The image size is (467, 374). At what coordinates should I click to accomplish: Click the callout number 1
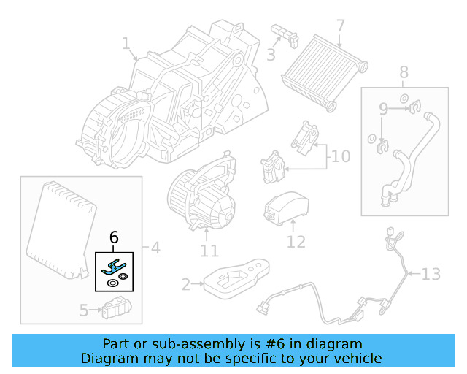click(x=126, y=45)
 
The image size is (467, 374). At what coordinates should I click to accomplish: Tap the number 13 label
click(x=431, y=274)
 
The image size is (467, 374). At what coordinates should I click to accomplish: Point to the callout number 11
click(x=209, y=251)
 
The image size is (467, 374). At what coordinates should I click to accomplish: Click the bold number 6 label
click(x=114, y=237)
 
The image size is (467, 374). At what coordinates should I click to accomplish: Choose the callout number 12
click(x=296, y=240)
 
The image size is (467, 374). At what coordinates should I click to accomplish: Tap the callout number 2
click(x=186, y=284)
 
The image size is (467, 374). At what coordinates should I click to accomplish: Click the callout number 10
click(x=340, y=156)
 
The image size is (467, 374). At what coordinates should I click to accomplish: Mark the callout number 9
click(x=383, y=110)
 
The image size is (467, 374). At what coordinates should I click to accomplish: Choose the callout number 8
click(x=404, y=72)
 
